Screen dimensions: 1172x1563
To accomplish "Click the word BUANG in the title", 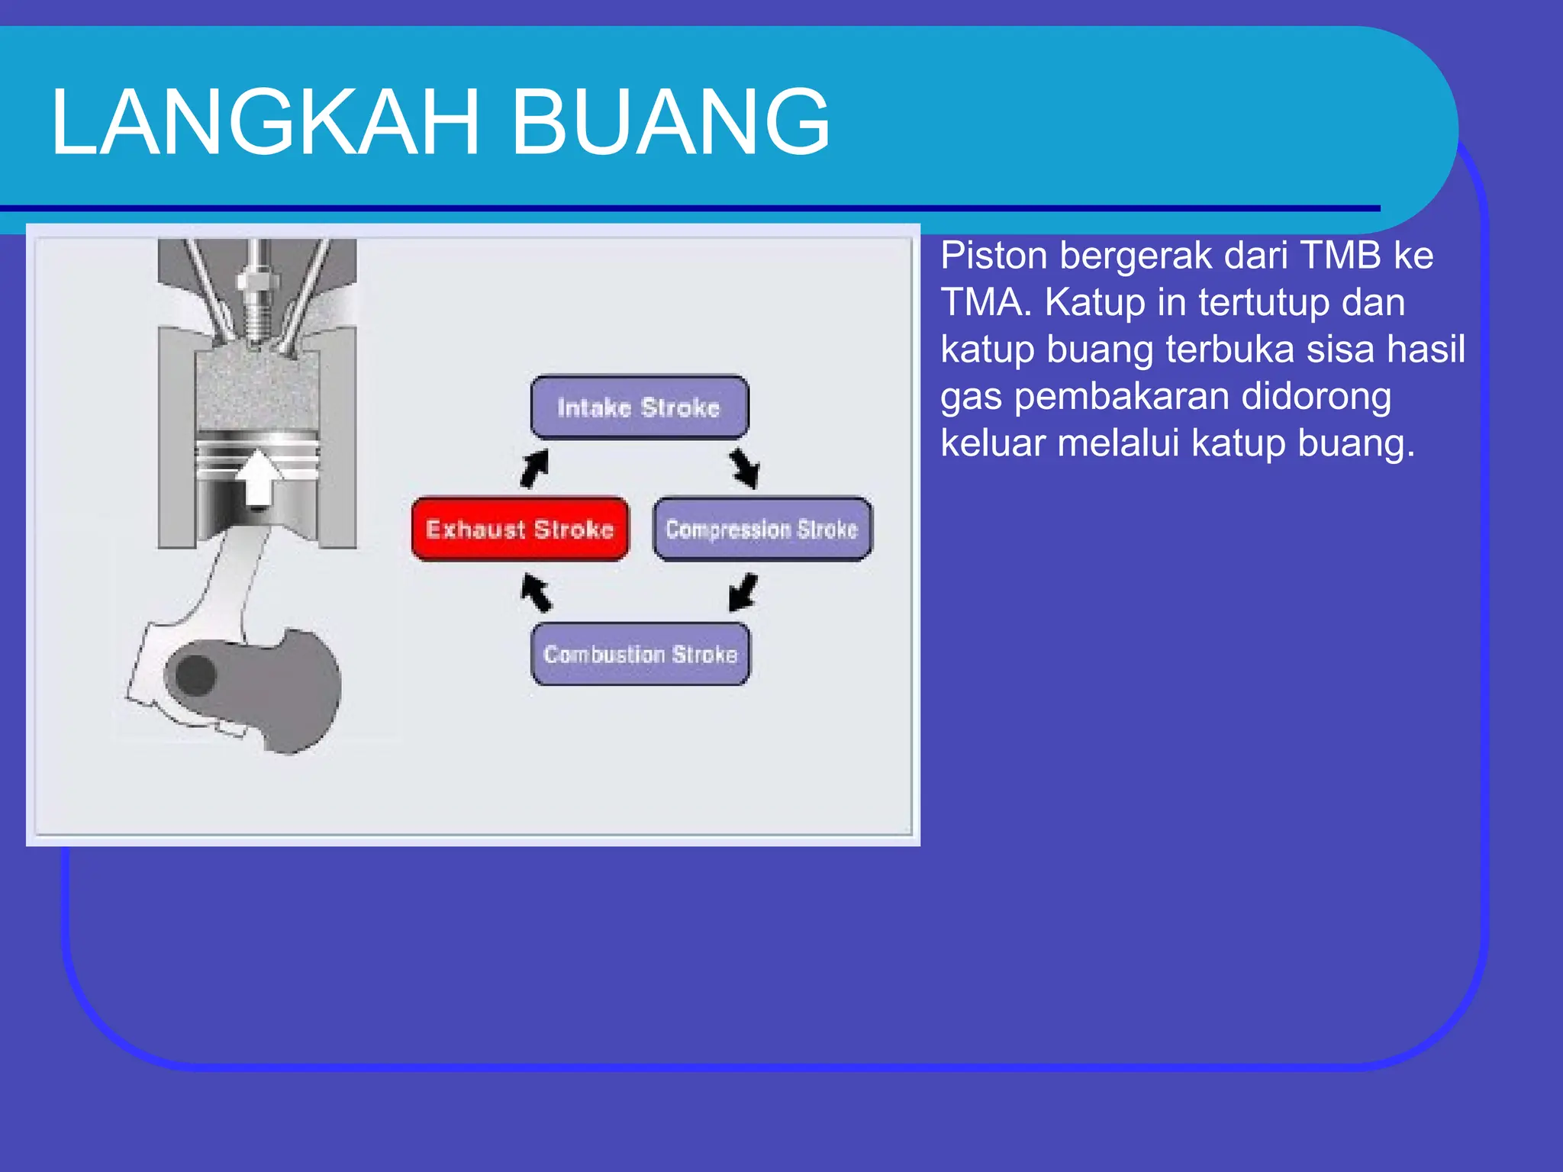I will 670,122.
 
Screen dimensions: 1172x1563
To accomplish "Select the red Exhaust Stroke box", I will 520,529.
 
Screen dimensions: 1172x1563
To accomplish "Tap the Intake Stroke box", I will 639,407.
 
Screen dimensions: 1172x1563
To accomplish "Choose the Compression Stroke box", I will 762,529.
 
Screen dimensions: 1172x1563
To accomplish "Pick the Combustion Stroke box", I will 640,654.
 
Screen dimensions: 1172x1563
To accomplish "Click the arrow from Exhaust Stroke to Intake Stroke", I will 534,468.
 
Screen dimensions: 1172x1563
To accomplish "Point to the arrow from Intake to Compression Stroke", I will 744,468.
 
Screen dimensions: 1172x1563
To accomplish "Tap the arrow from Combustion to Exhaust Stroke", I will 536,592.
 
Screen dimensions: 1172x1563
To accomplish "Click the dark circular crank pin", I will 196,675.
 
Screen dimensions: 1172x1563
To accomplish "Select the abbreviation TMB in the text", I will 1341,256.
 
